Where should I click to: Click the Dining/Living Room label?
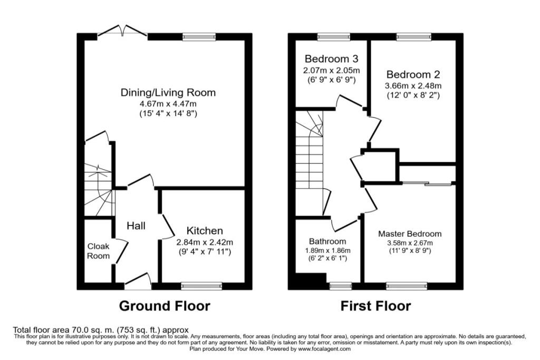pyautogui.click(x=168, y=93)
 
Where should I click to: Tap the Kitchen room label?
pyautogui.click(x=205, y=231)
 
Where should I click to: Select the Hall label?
pyautogui.click(x=136, y=226)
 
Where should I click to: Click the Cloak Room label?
pyautogui.click(x=99, y=251)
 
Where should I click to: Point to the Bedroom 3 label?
pyautogui.click(x=331, y=59)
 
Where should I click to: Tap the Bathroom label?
pyautogui.click(x=327, y=241)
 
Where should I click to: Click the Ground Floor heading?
pyautogui.click(x=165, y=306)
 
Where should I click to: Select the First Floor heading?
pyautogui.click(x=375, y=306)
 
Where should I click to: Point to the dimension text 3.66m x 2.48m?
pyautogui.click(x=413, y=86)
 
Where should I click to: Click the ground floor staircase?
pyautogui.click(x=99, y=190)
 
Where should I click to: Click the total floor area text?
pyautogui.click(x=101, y=330)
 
